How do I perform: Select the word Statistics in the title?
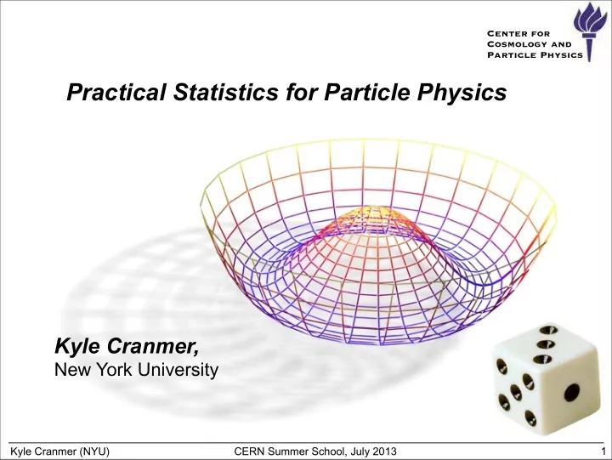(x=226, y=92)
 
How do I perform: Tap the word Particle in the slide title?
(x=367, y=92)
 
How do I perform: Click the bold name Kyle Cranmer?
(x=127, y=346)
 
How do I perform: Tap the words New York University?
(x=136, y=369)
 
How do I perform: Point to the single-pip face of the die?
(x=570, y=390)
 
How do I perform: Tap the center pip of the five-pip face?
(x=516, y=392)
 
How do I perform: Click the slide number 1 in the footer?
(x=603, y=451)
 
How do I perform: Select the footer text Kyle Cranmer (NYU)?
(x=59, y=451)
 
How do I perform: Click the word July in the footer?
(x=359, y=452)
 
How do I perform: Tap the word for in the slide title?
(x=301, y=92)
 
